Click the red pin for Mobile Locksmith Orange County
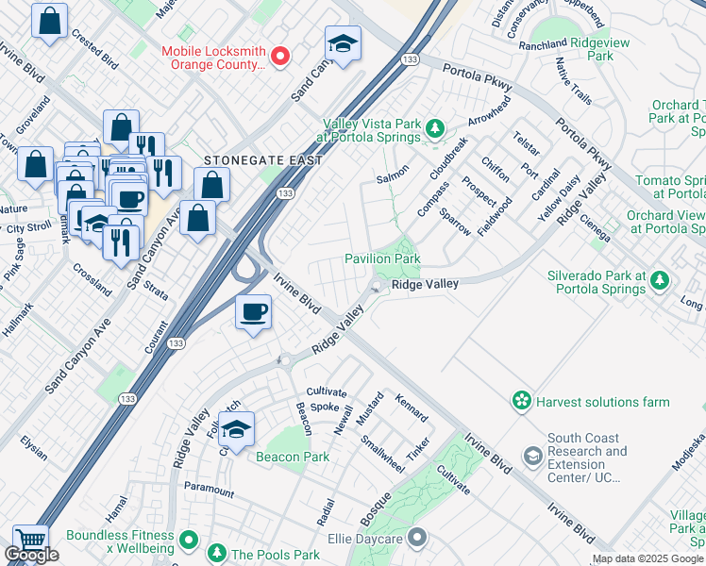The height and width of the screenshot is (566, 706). click(280, 57)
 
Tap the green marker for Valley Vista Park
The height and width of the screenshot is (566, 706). click(434, 127)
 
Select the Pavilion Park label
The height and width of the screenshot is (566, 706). click(382, 258)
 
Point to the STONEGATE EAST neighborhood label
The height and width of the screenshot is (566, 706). click(263, 161)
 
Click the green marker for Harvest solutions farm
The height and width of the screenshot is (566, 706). click(521, 402)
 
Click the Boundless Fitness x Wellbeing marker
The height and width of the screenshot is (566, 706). click(189, 541)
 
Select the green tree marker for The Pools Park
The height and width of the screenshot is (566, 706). click(216, 554)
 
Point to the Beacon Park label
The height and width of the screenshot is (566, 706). click(292, 457)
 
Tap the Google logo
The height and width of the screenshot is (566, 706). click(31, 555)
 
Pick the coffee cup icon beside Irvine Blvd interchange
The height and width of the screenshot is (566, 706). click(253, 312)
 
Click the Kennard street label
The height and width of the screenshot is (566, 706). click(412, 408)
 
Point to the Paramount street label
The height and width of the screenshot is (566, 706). click(209, 491)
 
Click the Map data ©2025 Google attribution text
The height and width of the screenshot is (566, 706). click(647, 559)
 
